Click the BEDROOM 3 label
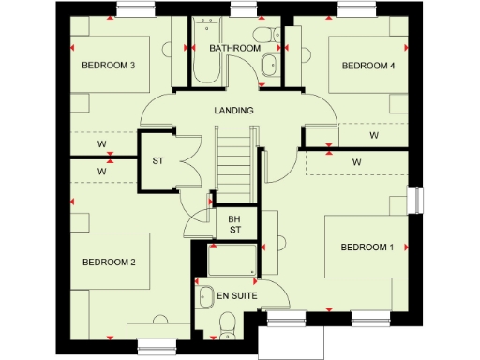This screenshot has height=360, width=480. click(109, 65)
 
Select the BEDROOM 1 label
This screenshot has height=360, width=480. click(367, 247)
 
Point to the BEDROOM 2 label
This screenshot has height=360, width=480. click(109, 262)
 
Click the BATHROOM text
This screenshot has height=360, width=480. click(234, 48)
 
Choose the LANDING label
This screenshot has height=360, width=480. click(233, 111)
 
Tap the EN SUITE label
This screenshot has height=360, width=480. click(237, 296)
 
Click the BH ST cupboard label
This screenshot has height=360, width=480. click(234, 224)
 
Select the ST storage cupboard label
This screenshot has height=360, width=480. click(158, 160)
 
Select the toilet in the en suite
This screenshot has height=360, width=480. click(226, 323)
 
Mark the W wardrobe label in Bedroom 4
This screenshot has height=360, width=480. click(373, 136)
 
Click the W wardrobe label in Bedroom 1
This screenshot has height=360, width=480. click(356, 162)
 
